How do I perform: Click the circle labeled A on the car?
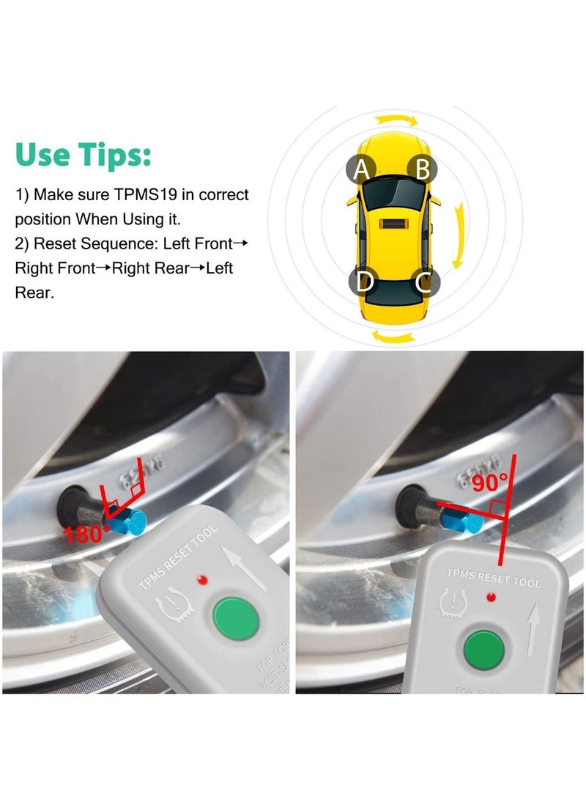[x=361, y=169]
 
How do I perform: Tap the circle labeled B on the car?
[x=422, y=169]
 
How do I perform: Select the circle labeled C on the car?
[x=423, y=281]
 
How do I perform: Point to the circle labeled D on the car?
[x=364, y=281]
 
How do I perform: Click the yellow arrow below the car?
[x=394, y=337]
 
